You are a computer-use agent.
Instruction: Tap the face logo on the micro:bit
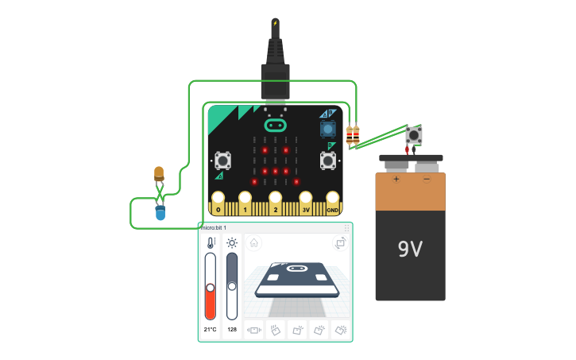pyautogui.click(x=275, y=126)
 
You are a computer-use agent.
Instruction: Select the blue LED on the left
pyautogui.click(x=160, y=212)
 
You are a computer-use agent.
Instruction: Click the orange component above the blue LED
pyautogui.click(x=159, y=173)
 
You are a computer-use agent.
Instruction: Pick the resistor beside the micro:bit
pyautogui.click(x=353, y=136)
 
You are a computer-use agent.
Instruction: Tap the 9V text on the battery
pyautogui.click(x=410, y=250)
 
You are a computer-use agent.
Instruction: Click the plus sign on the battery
pyautogui.click(x=396, y=179)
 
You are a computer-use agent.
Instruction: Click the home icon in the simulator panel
pyautogui.click(x=253, y=243)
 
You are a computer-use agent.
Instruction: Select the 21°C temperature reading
pyautogui.click(x=211, y=329)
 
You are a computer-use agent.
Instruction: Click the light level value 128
pyautogui.click(x=232, y=329)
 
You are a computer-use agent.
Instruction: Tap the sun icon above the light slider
pyautogui.click(x=232, y=242)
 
